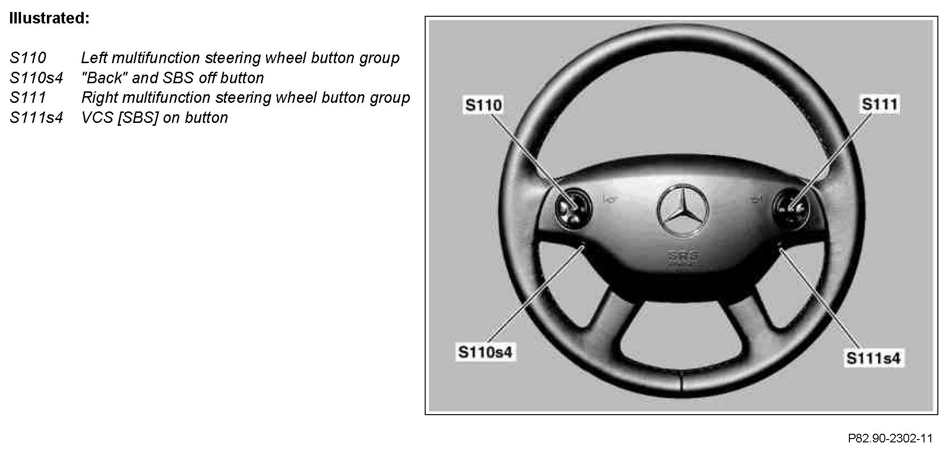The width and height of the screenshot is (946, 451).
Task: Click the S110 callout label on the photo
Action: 483,105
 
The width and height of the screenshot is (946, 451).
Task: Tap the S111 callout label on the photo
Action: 879,104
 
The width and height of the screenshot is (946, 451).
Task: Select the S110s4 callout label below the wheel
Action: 485,352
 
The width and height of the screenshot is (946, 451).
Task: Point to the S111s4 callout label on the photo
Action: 873,358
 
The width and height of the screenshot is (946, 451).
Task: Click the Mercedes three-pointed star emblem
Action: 683,209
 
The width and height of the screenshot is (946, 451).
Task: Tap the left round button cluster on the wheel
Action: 573,209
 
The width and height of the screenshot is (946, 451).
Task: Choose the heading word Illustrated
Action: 49,19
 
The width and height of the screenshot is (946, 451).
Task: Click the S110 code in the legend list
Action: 28,58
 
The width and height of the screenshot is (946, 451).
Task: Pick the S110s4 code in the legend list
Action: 36,78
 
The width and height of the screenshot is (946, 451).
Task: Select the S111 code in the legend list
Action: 28,98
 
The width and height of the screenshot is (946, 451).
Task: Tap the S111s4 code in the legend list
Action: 36,118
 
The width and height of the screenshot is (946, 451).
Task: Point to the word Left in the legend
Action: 94,58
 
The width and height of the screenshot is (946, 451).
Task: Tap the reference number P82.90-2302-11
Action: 890,439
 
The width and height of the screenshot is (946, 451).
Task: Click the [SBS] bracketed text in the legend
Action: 138,118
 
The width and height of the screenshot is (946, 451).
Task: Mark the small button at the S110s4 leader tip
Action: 583,247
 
